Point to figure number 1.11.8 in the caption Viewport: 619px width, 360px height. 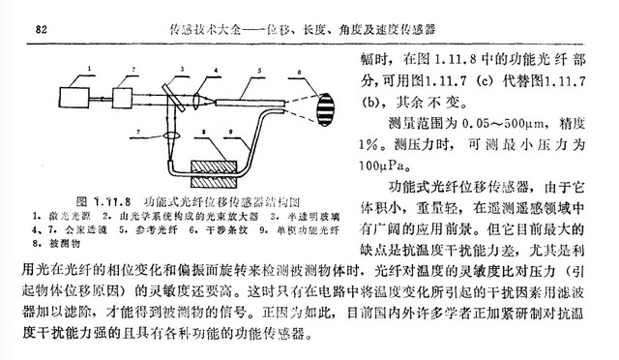105,201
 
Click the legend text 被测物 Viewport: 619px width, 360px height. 52,245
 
